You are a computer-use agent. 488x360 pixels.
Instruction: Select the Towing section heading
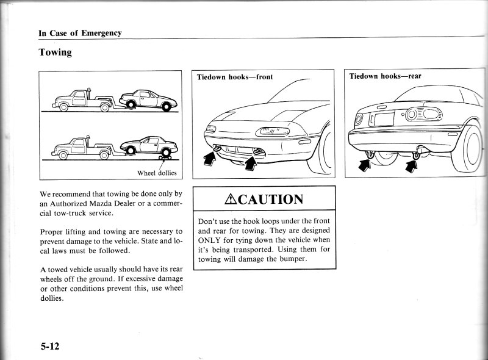[x=56, y=52]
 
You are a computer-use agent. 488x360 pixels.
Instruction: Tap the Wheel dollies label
[x=156, y=173]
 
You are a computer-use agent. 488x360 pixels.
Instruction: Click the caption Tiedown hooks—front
[x=234, y=77]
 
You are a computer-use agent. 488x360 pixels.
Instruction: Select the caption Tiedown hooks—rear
[x=385, y=77]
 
